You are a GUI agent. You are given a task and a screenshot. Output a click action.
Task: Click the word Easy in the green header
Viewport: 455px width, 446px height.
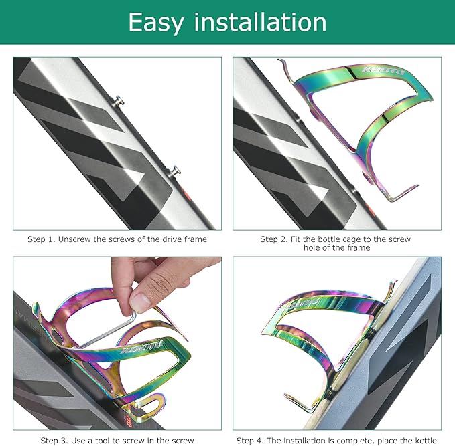click(x=156, y=23)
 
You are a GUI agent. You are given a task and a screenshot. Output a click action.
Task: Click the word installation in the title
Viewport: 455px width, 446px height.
click(x=260, y=22)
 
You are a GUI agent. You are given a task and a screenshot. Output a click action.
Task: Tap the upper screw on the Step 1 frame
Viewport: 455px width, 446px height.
click(x=119, y=102)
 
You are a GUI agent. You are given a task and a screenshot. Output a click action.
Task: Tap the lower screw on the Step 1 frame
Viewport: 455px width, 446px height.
click(x=175, y=171)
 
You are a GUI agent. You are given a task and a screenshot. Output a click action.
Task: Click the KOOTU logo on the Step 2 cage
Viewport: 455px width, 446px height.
click(x=383, y=70)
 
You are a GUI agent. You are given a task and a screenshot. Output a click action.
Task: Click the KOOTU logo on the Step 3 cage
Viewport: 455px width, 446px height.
click(x=142, y=347)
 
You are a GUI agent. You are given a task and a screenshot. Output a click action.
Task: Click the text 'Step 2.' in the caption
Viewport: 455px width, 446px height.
click(x=274, y=239)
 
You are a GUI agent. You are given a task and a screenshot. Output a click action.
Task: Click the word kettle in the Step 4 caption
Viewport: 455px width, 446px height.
click(x=425, y=441)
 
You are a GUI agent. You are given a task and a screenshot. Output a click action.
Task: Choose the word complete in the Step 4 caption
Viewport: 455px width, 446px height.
click(x=352, y=441)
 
